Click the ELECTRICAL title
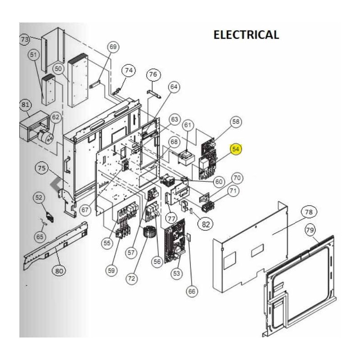click(x=246, y=35)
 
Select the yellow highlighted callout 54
click(x=236, y=149)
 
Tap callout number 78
click(x=309, y=211)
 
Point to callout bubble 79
click(x=310, y=230)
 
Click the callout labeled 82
click(x=206, y=224)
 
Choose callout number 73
click(x=25, y=39)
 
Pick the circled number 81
click(x=25, y=105)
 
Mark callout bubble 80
click(x=59, y=271)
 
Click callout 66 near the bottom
click(x=192, y=291)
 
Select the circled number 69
click(x=113, y=47)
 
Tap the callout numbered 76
click(x=153, y=74)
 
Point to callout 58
click(x=236, y=121)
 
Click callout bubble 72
click(x=131, y=279)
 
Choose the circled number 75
click(x=41, y=168)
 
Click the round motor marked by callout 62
click(x=45, y=137)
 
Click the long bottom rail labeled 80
click(x=55, y=246)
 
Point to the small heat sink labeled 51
click(x=48, y=90)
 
